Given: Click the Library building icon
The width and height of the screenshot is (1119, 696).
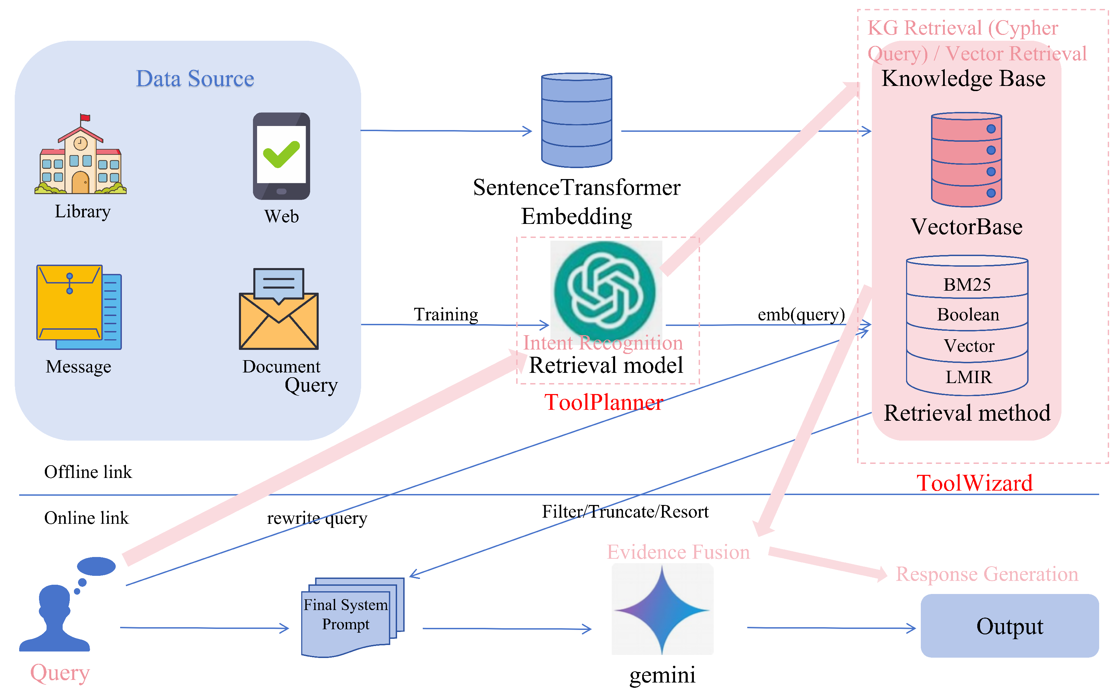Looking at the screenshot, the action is click(x=80, y=154).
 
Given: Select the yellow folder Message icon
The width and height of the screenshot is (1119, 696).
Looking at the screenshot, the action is click(x=79, y=307).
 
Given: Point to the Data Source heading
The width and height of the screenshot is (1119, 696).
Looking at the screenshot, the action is click(x=195, y=78).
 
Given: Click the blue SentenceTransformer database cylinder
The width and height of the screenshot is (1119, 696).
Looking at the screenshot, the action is click(x=576, y=120).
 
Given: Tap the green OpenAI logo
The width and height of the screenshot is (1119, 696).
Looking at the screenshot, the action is click(x=606, y=291).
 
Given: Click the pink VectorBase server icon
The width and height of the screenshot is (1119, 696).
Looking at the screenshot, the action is click(x=966, y=160).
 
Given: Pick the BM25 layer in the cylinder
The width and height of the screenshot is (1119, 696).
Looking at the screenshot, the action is click(x=967, y=284).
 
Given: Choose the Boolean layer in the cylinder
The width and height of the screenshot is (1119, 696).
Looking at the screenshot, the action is click(x=968, y=314).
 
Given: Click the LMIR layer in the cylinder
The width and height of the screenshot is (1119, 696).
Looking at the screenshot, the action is click(x=968, y=377).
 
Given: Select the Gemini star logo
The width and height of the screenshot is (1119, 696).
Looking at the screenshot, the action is click(x=662, y=609).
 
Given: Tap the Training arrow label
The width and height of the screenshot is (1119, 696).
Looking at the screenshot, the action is click(x=446, y=314).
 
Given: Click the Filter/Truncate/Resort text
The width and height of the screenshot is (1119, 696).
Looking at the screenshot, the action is click(x=625, y=511).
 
